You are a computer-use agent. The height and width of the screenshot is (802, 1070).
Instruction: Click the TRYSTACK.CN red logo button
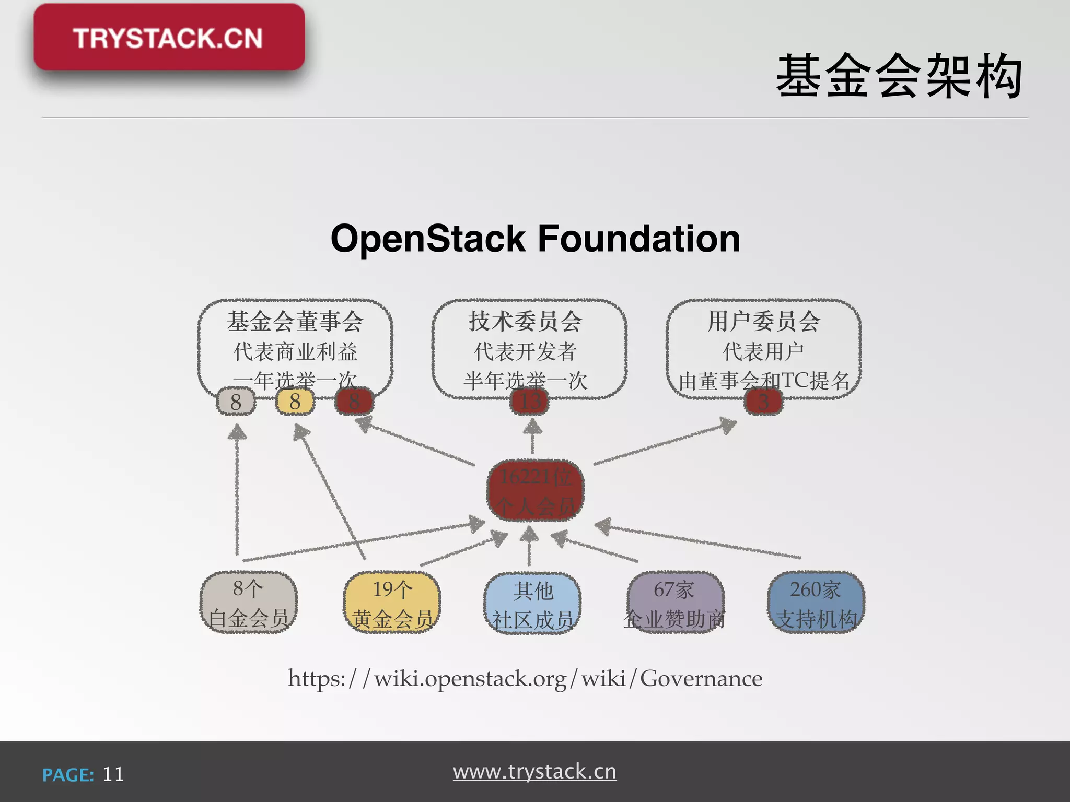click(x=169, y=38)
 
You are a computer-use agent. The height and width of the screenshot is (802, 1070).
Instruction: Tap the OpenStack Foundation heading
click(x=535, y=239)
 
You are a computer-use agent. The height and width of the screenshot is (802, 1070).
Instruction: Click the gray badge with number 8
click(x=236, y=402)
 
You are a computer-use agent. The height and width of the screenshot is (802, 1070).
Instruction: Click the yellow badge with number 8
click(x=295, y=402)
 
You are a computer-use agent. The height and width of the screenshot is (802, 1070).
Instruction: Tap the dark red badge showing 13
click(x=530, y=402)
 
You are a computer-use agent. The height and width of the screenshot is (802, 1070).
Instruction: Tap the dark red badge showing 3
click(x=763, y=402)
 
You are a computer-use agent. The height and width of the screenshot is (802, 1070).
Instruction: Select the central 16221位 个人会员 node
click(x=535, y=491)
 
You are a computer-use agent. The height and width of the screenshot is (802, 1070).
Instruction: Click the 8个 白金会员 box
click(x=249, y=603)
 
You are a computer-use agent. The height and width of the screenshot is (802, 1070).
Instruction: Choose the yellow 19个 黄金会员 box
click(x=392, y=603)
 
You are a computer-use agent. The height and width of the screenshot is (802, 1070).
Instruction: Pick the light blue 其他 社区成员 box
click(x=532, y=604)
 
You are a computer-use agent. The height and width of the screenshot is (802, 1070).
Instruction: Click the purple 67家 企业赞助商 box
click(x=675, y=603)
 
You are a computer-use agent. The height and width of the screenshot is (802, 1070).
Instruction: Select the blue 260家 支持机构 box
click(x=816, y=603)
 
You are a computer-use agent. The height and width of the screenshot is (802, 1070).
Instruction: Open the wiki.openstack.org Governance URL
click(x=525, y=679)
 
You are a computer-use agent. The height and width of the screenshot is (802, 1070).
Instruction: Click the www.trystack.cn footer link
click(x=534, y=772)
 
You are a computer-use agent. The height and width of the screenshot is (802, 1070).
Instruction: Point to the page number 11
click(x=113, y=774)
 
